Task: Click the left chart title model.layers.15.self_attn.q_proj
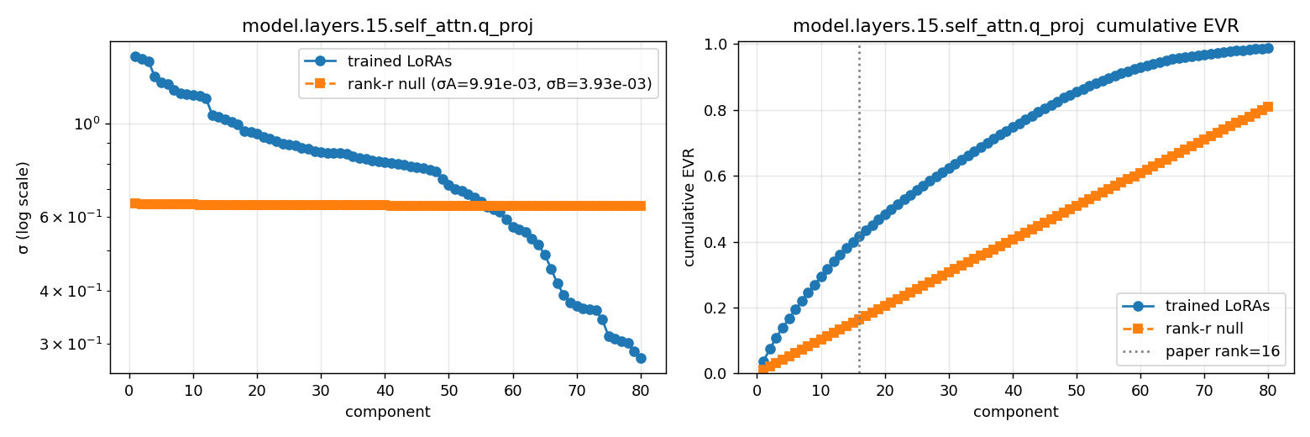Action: tap(387, 26)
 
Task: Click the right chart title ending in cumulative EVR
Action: tap(1015, 26)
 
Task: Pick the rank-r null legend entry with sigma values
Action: tap(499, 83)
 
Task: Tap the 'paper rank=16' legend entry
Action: tap(1222, 351)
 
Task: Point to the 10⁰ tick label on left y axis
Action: tap(86, 124)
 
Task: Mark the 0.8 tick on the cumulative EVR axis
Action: tap(720, 110)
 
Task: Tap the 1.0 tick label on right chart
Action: tap(720, 45)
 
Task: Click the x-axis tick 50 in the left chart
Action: tap(448, 390)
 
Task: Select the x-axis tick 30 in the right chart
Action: tap(948, 390)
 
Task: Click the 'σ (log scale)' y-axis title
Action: tap(24, 208)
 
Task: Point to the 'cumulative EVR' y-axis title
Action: tap(690, 208)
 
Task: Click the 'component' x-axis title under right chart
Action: tap(1015, 412)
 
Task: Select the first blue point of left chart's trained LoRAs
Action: tap(135, 56)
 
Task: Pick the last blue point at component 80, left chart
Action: tap(641, 358)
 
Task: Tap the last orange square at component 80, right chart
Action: tap(1268, 107)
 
